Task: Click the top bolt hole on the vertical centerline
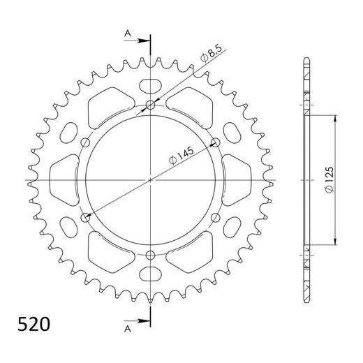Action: tap(151, 106)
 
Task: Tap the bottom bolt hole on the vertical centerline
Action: tap(151, 254)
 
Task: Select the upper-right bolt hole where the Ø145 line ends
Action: tap(215, 143)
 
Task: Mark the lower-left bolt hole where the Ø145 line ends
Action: tap(87, 218)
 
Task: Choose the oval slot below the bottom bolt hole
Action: tap(151, 274)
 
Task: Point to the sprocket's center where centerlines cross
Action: tap(151, 180)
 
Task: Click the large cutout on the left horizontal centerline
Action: tap(67, 180)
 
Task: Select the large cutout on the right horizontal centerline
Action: tap(235, 180)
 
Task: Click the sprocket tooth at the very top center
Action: tap(151, 59)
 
